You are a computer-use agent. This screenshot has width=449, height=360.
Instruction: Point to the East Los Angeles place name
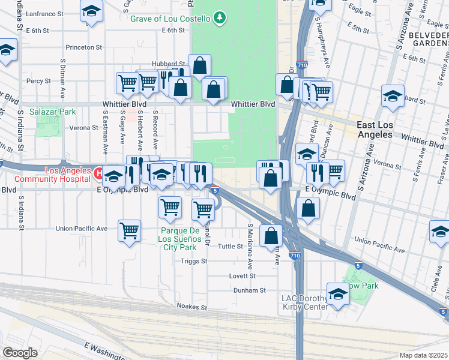(x=383, y=130)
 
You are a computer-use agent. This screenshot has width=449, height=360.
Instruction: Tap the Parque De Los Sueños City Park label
(x=179, y=239)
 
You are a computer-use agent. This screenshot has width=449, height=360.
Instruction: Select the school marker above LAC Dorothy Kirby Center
(x=339, y=294)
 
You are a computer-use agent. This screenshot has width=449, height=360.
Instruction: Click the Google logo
(x=20, y=353)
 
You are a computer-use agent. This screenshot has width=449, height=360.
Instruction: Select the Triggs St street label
(x=194, y=261)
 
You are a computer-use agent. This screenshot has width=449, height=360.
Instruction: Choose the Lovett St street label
(x=242, y=276)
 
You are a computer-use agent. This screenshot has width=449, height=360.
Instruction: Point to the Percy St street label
(x=38, y=80)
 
